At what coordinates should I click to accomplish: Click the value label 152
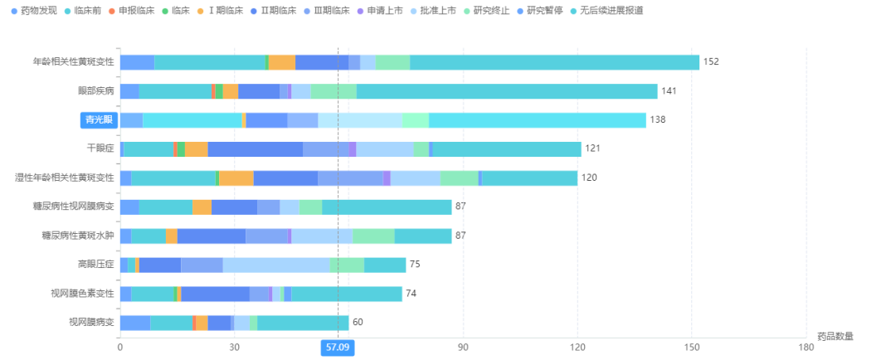pos(711,62)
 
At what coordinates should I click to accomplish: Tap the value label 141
pos(669,91)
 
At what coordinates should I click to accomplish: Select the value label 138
pos(657,120)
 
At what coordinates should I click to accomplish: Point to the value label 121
pos(592,148)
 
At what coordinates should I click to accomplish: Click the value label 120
pos(589,178)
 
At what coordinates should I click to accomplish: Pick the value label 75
pos(415,265)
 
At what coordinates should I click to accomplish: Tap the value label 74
pos(411,294)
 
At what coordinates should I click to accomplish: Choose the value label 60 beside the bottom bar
pos(358,322)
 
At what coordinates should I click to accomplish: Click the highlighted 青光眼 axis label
pos(100,120)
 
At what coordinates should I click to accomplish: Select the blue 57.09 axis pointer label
pos(338,348)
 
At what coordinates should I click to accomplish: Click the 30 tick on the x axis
pos(235,347)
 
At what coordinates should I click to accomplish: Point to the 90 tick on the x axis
pos(463,347)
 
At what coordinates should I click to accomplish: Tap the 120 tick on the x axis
pos(577,347)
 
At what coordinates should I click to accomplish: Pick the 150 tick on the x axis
pos(692,347)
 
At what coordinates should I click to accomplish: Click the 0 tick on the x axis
pos(120,347)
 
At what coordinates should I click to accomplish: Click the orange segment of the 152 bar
pos(281,62)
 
